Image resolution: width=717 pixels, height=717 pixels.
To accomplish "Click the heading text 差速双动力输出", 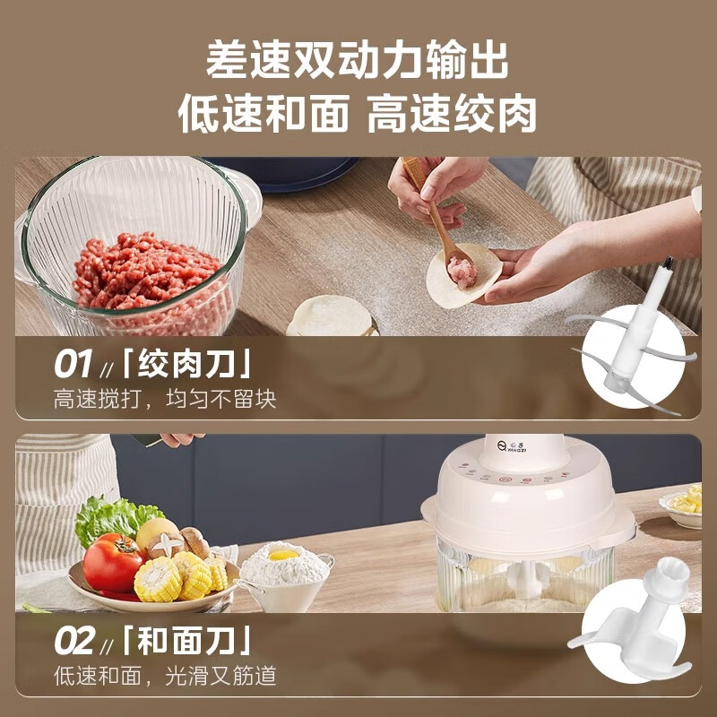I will (358, 60).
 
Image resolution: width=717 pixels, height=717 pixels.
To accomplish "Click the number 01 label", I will (73, 365).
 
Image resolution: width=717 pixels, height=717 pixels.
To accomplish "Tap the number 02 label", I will (74, 642).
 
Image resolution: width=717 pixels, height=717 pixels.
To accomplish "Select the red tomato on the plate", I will (112, 562).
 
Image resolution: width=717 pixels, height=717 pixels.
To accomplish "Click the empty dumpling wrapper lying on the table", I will (330, 316).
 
